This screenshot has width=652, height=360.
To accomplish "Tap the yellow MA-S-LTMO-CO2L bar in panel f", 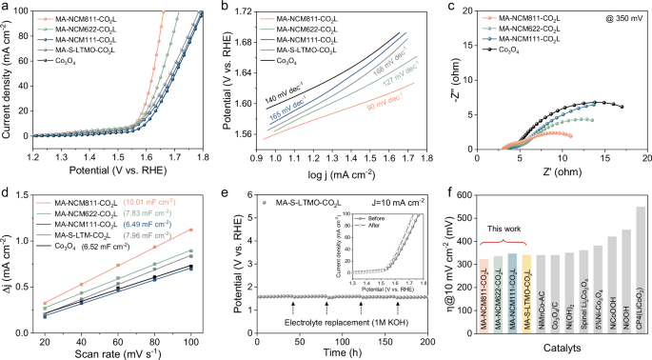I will [526, 294].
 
